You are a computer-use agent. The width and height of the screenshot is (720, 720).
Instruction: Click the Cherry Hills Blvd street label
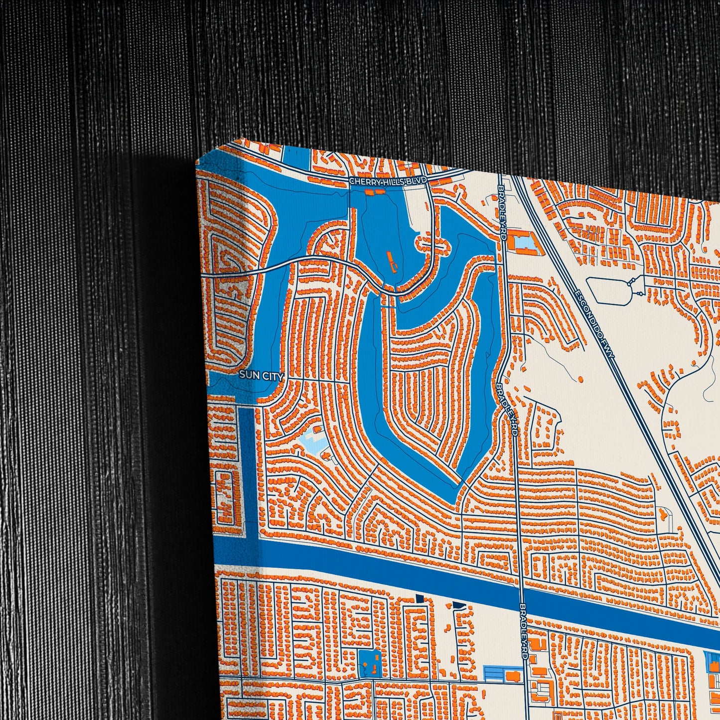388,182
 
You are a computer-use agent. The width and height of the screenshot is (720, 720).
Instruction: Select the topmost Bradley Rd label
502,210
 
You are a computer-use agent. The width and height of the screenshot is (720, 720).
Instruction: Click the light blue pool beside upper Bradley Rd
523,243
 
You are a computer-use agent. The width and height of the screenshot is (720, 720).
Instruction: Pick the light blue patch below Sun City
312,440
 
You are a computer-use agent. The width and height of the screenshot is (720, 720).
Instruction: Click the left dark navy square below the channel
420,598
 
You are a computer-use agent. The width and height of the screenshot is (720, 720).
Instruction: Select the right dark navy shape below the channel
459,606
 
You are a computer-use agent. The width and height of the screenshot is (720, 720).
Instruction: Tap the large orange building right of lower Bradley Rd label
537,644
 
